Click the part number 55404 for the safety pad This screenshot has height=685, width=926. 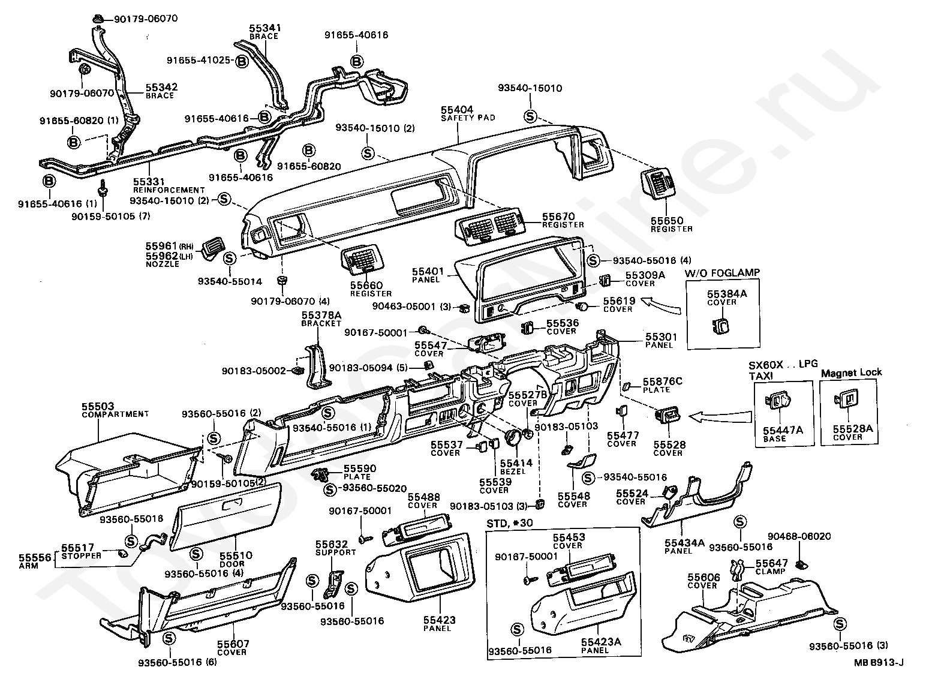coord(457,110)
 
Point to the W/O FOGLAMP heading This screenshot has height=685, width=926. coord(722,273)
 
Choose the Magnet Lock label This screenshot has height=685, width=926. coord(851,372)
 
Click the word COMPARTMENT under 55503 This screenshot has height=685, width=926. coord(115,414)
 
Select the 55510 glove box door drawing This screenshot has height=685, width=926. coord(226,516)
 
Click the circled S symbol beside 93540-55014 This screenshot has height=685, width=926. coord(229,258)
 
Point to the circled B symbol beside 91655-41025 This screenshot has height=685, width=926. coord(242,62)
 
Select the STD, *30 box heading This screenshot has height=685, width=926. coord(509,523)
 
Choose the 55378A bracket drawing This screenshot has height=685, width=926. coord(317,366)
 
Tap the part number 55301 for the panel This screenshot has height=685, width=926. coord(662,337)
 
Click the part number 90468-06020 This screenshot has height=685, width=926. coord(799,536)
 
